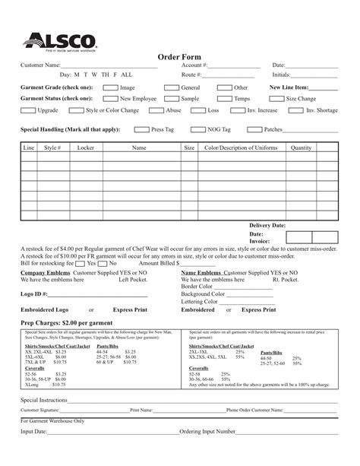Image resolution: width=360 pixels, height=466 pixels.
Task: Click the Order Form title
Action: click(x=179, y=57)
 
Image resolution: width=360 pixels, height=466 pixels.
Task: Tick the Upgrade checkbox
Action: click(x=24, y=111)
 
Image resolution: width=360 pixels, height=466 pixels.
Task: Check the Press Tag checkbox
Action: click(x=148, y=130)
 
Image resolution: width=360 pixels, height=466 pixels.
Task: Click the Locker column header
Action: click(x=86, y=147)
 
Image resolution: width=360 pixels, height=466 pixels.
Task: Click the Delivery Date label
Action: click(x=267, y=226)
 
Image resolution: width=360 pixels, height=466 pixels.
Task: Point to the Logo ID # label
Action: click(x=34, y=293)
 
